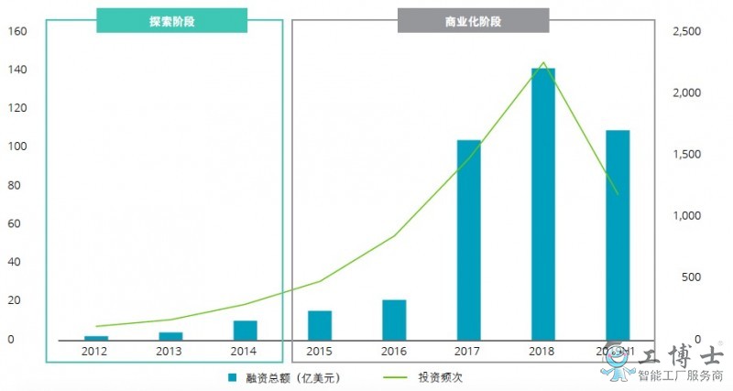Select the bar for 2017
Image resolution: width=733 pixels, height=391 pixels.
pyautogui.click(x=468, y=239)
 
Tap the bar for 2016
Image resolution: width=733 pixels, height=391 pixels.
pyautogui.click(x=394, y=319)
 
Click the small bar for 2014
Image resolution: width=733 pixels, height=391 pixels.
pyautogui.click(x=245, y=329)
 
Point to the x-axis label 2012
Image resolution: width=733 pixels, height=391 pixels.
pyautogui.click(x=95, y=351)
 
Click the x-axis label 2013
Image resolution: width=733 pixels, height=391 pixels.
pyautogui.click(x=170, y=351)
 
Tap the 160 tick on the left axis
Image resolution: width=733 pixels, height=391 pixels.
pyautogui.click(x=18, y=31)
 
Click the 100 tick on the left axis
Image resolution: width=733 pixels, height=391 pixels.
pyautogui.click(x=18, y=147)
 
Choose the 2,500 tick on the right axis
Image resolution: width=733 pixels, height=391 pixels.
pyautogui.click(x=687, y=31)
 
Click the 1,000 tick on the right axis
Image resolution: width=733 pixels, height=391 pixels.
pyautogui.click(x=687, y=216)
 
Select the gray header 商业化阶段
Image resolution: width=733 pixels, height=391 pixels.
pyautogui.click(x=473, y=20)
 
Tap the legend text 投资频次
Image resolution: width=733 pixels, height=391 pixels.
pyautogui.click(x=441, y=376)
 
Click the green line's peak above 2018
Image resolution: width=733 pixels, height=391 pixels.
pyautogui.click(x=543, y=63)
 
